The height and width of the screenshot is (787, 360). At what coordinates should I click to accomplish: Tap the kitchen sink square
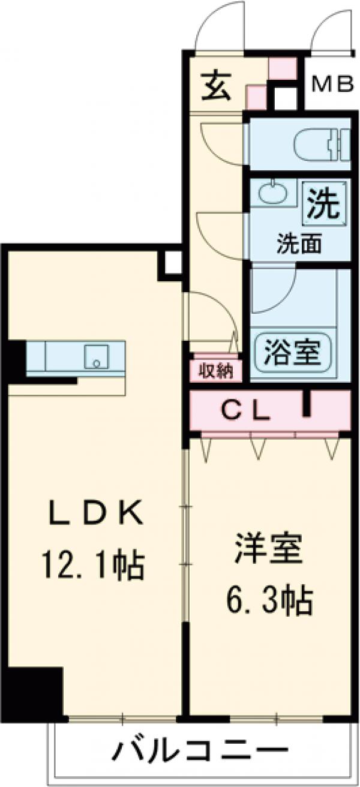coord(95,357)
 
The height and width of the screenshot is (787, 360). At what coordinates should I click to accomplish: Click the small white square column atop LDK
coord(172,263)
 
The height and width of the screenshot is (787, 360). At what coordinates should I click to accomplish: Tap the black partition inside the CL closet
coord(308,403)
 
